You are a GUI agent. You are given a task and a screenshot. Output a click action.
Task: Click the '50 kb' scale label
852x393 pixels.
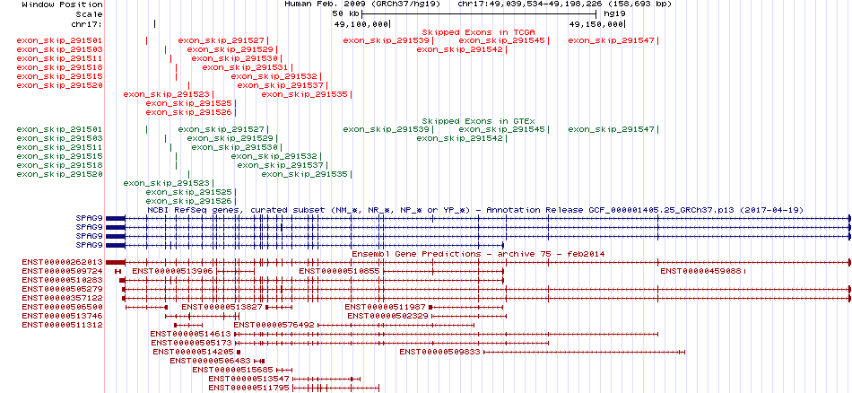pos(345,13)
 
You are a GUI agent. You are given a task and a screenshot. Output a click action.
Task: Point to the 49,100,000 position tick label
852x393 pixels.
pos(361,24)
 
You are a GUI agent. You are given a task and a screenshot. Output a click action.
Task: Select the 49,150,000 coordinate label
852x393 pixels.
pos(596,24)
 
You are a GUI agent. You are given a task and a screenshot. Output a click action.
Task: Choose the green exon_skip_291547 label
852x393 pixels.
pos(612,129)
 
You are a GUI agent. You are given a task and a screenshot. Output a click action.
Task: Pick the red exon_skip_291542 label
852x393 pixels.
pos(459,49)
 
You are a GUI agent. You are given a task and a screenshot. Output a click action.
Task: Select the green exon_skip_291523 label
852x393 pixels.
pos(166,183)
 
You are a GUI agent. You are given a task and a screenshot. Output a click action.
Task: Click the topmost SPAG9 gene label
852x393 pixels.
pos(89,219)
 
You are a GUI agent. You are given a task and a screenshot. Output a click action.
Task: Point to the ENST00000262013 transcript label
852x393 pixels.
pos(62,262)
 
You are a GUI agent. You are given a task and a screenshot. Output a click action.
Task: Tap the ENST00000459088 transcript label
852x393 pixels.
pos(701,271)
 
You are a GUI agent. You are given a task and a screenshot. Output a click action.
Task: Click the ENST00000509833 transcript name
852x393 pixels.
pos(440,353)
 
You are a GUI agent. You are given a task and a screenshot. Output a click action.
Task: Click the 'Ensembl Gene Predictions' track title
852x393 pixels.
pos(416,254)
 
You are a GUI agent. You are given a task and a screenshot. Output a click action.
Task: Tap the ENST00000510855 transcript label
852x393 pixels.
pos(340,271)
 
